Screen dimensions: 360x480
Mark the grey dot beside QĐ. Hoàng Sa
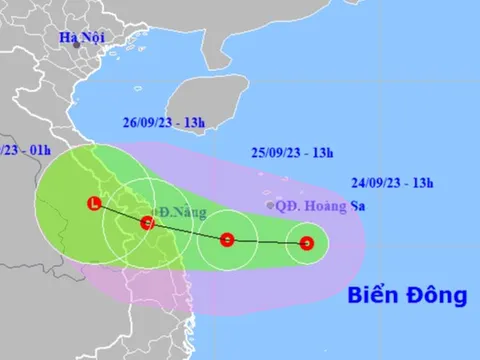(270, 206)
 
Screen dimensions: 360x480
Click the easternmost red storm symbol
(308, 242)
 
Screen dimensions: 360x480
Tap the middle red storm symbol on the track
(227, 239)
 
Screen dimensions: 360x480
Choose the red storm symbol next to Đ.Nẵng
(147, 223)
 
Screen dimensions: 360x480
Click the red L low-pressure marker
(94, 204)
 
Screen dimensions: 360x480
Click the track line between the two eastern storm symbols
(268, 241)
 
